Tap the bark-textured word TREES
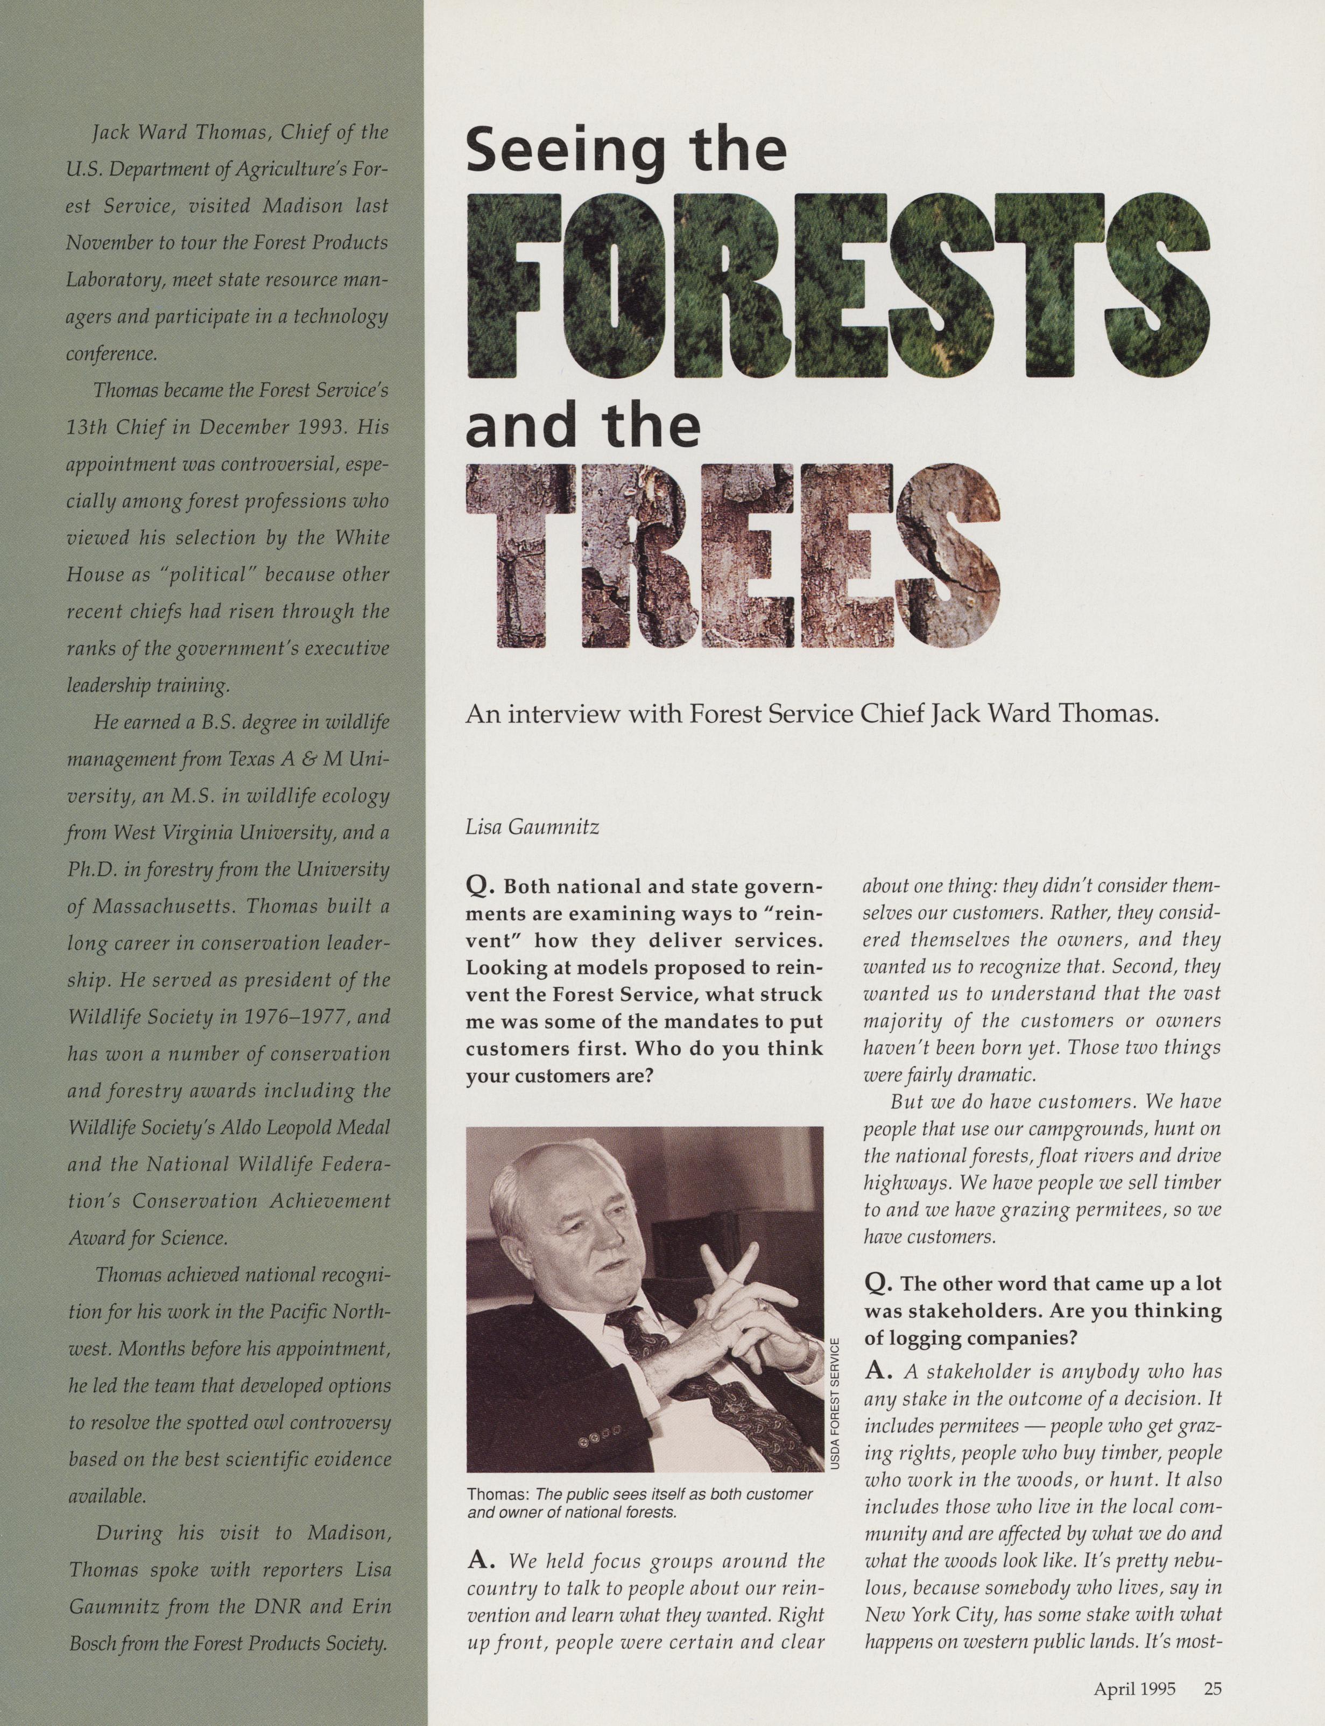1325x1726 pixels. click(x=734, y=555)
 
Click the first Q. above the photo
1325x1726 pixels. click(x=480, y=887)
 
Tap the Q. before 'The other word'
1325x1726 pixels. click(x=878, y=1283)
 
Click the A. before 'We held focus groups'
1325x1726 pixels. click(x=480, y=1561)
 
